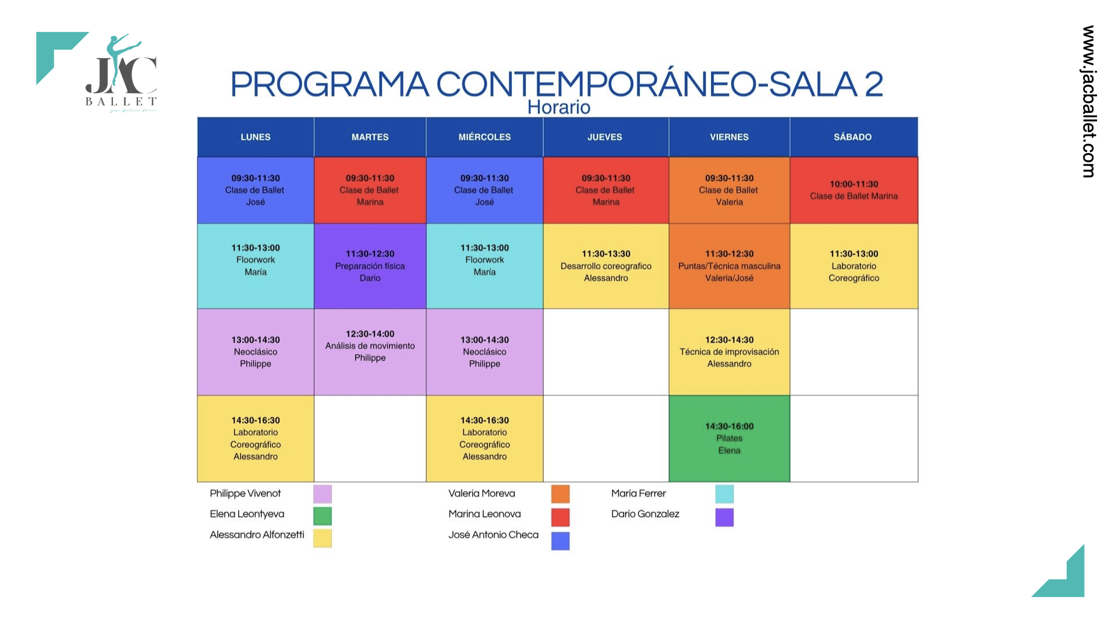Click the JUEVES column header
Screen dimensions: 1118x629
606,137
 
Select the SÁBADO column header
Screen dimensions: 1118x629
854,137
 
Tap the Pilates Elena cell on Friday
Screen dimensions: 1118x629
729,439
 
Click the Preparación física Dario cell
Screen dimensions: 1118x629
370,266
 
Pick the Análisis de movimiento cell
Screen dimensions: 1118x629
370,352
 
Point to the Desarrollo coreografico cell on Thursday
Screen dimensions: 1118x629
606,266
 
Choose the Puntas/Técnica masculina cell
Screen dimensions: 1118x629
729,266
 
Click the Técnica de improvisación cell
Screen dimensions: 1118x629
729,352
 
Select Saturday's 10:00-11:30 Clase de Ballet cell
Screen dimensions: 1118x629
854,190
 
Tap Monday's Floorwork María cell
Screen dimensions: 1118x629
256,266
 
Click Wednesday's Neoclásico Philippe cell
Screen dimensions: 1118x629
484,352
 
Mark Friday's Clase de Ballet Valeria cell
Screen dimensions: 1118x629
729,190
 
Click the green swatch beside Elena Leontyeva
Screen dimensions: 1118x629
323,516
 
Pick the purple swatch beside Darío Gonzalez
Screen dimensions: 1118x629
724,517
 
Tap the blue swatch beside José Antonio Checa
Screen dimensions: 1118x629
560,540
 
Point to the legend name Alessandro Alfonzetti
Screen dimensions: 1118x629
257,535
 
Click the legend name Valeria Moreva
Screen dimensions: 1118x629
482,493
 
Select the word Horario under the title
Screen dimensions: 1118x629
559,107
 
